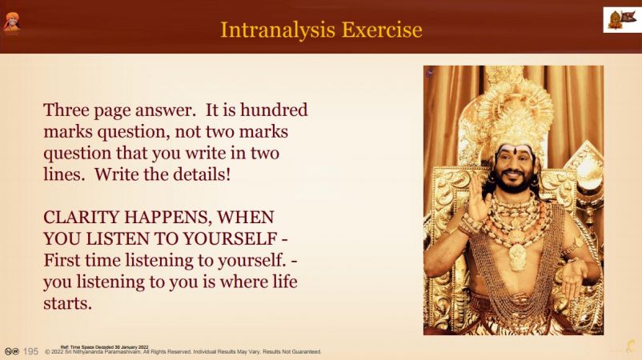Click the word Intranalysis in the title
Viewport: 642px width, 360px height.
(x=278, y=30)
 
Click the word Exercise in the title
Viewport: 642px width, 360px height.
(x=382, y=30)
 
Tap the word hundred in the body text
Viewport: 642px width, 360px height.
(x=274, y=110)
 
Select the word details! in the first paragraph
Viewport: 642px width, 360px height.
(x=203, y=174)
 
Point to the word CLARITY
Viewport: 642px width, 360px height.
(x=82, y=217)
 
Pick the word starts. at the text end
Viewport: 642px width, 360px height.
(x=67, y=303)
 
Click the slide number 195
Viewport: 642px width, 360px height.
(x=30, y=351)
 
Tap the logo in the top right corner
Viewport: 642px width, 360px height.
(x=622, y=20)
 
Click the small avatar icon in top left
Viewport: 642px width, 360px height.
(x=12, y=22)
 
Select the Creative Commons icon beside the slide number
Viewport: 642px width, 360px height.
(x=12, y=351)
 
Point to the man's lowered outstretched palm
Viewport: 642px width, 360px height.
(x=574, y=278)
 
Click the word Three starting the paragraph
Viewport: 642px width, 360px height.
(x=66, y=110)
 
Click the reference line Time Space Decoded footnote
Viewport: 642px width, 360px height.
(x=104, y=347)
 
